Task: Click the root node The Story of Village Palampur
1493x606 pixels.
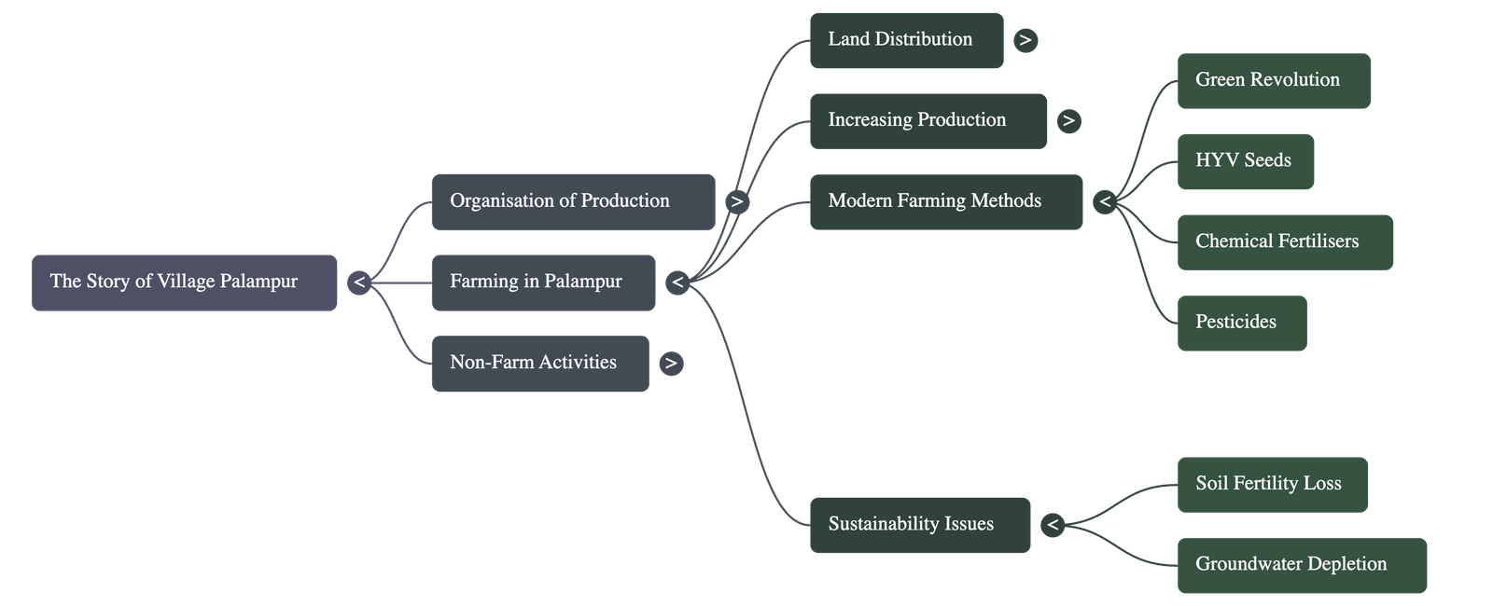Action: [184, 282]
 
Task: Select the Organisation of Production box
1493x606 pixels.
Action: [573, 201]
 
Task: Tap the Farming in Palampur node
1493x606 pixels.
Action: [543, 282]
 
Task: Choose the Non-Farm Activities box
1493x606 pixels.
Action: [539, 363]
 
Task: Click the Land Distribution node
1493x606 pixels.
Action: [906, 40]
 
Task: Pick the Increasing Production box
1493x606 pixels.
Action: [928, 120]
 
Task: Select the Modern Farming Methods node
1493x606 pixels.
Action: [945, 201]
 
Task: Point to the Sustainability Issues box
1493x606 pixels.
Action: [919, 524]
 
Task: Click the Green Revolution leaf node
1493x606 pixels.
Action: [1274, 81]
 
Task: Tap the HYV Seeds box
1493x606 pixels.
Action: [1245, 161]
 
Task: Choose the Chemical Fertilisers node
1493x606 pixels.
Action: [1285, 242]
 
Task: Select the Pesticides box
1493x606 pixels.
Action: [1241, 323]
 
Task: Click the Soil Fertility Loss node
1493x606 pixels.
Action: [1272, 484]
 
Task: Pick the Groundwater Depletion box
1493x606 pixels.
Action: [1302, 565]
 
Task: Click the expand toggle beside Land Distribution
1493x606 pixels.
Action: [1025, 40]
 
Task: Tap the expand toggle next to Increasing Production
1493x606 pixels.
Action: [1068, 120]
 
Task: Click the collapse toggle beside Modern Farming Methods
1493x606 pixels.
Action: [1105, 201]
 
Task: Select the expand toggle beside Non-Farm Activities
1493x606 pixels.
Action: [670, 363]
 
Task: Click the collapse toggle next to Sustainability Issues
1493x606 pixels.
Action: [1053, 524]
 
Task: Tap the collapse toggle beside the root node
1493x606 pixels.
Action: [359, 282]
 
